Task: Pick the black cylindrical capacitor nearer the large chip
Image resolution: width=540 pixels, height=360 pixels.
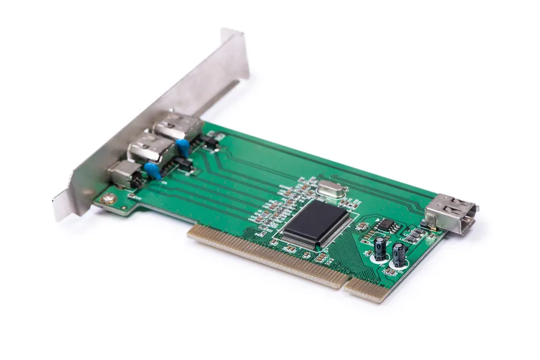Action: click(380, 248)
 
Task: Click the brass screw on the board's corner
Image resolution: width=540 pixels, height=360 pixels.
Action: click(109, 197)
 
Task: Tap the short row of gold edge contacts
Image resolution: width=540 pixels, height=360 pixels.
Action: click(367, 290)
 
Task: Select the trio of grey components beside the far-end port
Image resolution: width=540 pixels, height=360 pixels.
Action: click(412, 235)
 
